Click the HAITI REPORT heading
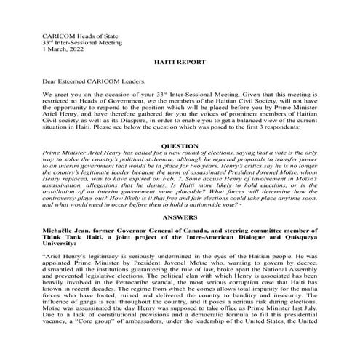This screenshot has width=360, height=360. tap(180, 64)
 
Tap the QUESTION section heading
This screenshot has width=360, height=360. tap(180, 145)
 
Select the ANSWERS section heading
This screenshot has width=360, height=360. tap(180, 215)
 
